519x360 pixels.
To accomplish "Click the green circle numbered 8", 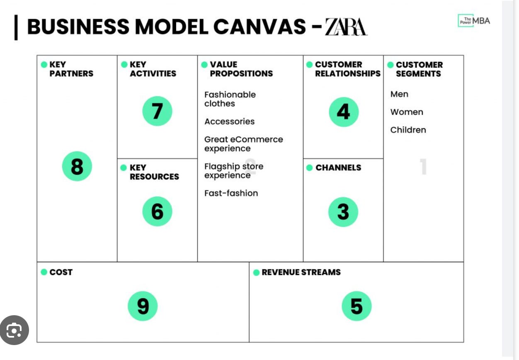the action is [77, 166].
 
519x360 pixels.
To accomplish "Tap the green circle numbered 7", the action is [157, 111].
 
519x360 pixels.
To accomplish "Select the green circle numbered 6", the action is [157, 212].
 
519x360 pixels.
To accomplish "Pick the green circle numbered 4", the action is [344, 112].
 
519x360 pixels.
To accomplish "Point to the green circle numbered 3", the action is [343, 212].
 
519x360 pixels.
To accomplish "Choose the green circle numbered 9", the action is [143, 306].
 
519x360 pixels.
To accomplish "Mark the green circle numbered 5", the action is [357, 306].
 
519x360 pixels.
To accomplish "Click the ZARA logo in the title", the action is [346, 27].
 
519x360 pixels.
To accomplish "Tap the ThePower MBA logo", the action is [473, 21].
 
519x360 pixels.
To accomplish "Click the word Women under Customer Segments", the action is [407, 112].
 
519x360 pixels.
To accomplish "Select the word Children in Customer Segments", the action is [408, 130].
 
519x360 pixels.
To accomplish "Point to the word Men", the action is [399, 94].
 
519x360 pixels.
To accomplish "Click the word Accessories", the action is [229, 122].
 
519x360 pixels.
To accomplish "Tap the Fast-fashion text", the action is [231, 193].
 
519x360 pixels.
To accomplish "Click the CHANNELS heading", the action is [338, 168].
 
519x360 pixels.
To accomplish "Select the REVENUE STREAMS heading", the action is [301, 272].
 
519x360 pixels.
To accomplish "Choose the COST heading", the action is [61, 272].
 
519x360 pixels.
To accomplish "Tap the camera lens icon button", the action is [15, 330].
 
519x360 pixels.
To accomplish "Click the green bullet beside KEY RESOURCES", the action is [124, 168].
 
